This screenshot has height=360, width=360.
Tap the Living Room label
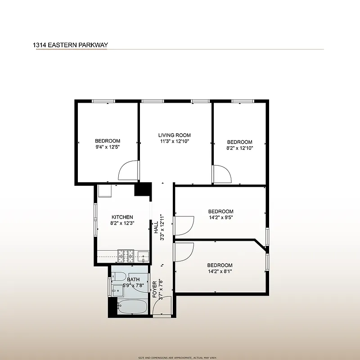coord(175,135)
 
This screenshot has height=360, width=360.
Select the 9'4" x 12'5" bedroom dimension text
coord(108,147)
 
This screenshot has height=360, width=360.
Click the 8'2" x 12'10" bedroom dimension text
coord(239,148)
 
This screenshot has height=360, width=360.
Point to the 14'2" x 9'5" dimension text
coord(220,217)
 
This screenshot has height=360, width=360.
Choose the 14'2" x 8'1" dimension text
coord(220,271)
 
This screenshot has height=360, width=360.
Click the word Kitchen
coord(122,217)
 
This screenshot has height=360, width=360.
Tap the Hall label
coord(156,228)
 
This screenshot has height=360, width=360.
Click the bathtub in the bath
coord(132,307)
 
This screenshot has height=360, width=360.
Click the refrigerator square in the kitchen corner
coord(105,191)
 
